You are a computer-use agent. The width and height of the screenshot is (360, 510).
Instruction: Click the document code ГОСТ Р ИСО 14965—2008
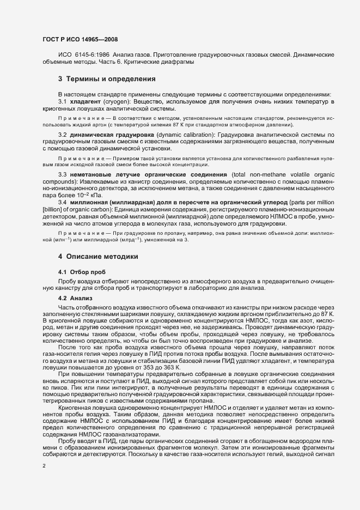coord(79,39)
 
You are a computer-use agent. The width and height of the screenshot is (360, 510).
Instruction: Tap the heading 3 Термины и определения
coord(107,78)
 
